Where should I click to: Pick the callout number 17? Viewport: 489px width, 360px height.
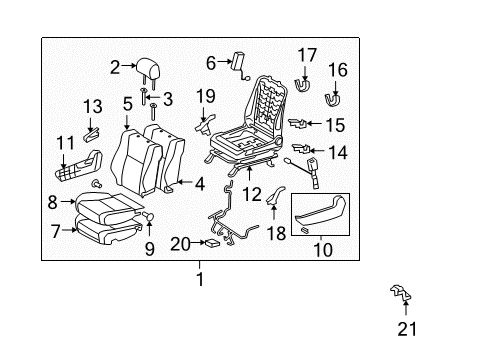(x=306, y=54)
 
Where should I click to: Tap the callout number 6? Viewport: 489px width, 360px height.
(x=211, y=62)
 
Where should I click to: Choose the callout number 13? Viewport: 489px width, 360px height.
(x=92, y=107)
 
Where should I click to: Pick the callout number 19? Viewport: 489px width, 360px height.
(x=206, y=95)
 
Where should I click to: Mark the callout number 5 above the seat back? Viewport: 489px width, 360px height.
(x=127, y=103)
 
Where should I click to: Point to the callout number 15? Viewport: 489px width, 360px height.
(x=335, y=126)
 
